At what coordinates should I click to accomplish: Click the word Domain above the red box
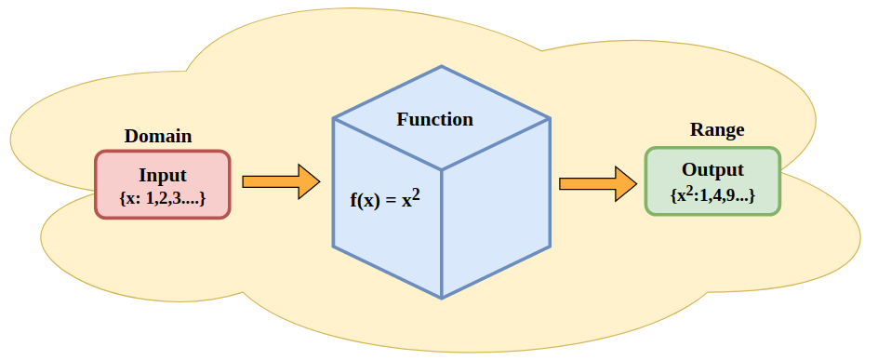point(158,136)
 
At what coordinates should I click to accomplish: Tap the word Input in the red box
point(163,175)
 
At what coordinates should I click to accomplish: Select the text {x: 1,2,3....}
point(163,198)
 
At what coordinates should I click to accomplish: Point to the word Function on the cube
point(434,119)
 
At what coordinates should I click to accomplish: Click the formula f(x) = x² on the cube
point(385,199)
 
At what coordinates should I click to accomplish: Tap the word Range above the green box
point(716,130)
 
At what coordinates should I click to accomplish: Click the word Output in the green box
point(712,170)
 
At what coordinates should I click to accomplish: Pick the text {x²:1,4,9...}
point(712,195)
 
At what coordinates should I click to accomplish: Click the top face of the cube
point(442,118)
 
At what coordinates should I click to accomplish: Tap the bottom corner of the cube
point(442,298)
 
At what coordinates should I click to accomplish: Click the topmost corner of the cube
point(442,67)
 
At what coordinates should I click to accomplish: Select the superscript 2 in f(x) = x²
point(417,193)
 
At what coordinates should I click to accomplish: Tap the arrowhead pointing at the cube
point(308,181)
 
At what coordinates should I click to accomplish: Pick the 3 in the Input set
point(176,199)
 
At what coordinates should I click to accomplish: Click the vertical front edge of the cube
point(442,233)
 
